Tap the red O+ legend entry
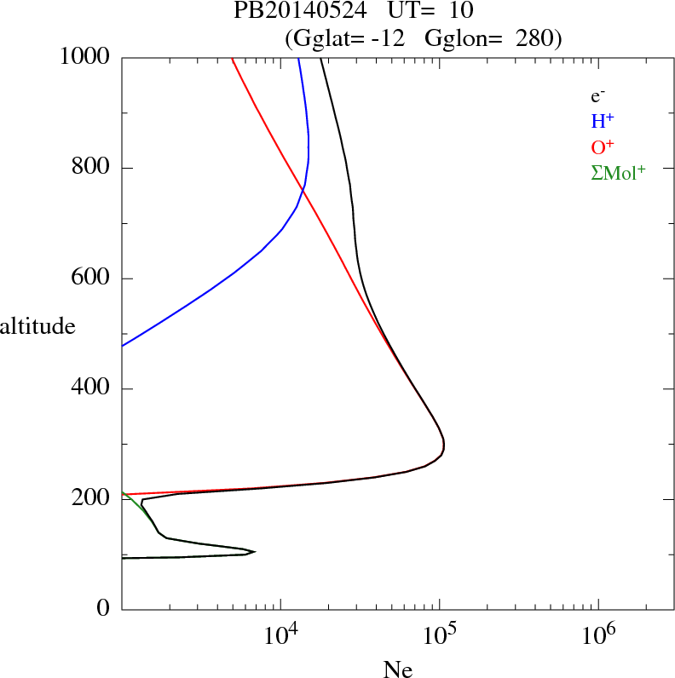coord(603,147)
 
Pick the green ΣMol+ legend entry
coord(618,172)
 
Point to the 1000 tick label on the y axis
coord(85,57)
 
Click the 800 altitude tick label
coord(91,168)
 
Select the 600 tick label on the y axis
coord(91,279)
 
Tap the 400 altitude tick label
coord(91,389)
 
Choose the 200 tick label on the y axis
coord(91,499)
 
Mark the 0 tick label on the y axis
coord(104,609)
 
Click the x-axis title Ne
coord(398,669)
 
